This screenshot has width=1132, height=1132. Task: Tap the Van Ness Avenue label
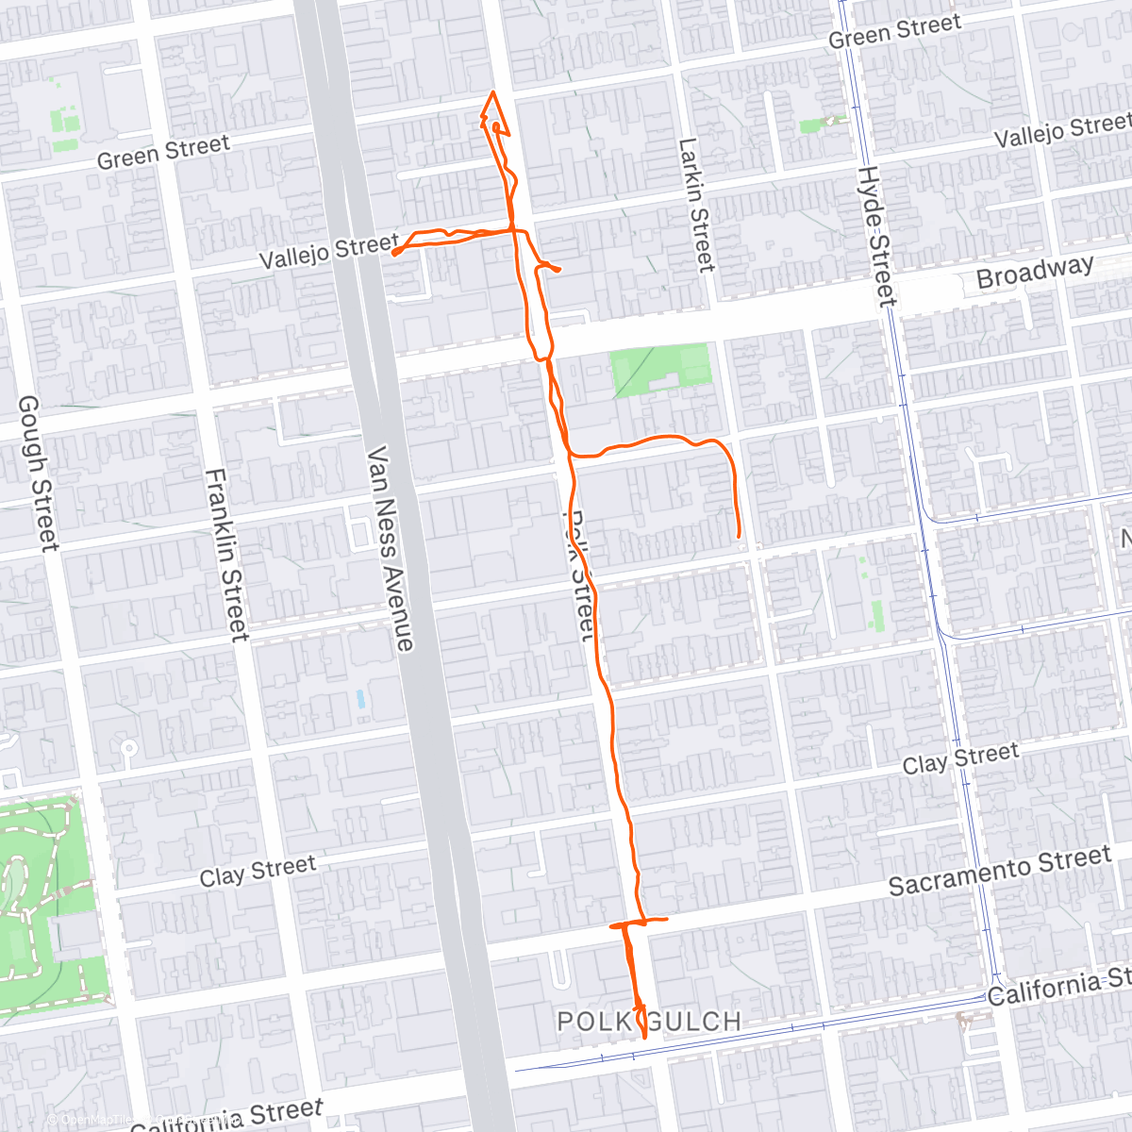tap(391, 548)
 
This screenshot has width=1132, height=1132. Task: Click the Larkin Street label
tap(697, 205)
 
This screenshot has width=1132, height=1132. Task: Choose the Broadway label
tap(1034, 272)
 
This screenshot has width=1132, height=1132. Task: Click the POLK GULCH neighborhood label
tap(649, 1021)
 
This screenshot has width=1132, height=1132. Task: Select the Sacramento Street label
tap(1000, 871)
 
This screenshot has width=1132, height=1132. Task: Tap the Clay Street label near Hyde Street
tap(960, 758)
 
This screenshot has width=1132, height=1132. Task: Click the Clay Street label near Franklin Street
tap(258, 872)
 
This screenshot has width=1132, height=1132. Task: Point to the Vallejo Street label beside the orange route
tap(328, 252)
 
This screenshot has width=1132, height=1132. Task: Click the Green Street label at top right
tap(894, 31)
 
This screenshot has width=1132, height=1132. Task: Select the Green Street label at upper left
tap(163, 151)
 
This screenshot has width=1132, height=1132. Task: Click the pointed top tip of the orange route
tap(492, 92)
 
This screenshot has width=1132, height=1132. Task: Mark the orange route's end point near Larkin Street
tap(738, 537)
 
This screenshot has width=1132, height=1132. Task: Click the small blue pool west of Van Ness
tap(360, 700)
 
